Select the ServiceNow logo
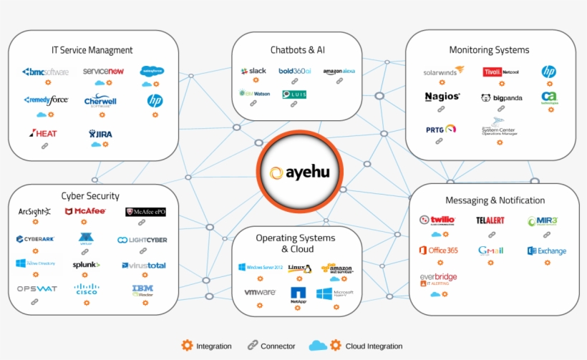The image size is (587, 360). (103, 72)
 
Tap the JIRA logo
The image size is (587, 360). (101, 133)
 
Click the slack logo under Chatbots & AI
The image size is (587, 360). (253, 72)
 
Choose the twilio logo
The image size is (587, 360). (437, 220)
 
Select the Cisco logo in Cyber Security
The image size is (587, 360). (87, 289)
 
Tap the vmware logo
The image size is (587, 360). (260, 293)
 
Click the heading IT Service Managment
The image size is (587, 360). (92, 50)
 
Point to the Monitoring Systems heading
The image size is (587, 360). (489, 50)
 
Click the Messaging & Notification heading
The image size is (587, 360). (495, 200)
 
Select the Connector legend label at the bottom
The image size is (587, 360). (278, 346)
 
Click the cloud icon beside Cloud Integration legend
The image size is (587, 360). (318, 346)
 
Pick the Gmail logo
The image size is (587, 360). (490, 250)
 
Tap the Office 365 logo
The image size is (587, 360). (438, 250)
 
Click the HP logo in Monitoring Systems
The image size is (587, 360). (548, 72)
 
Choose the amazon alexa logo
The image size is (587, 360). (338, 72)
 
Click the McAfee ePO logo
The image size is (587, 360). (145, 212)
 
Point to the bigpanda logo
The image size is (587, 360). (501, 97)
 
